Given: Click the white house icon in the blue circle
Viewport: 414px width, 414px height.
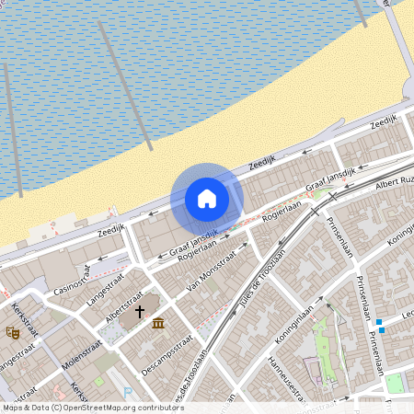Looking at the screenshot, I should pyautogui.click(x=207, y=199).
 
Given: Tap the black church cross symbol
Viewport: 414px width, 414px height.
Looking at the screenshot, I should pyautogui.click(x=141, y=312).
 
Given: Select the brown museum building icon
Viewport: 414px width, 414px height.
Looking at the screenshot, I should pyautogui.click(x=159, y=323).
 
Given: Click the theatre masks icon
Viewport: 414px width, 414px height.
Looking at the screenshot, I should pyautogui.click(x=13, y=332).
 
